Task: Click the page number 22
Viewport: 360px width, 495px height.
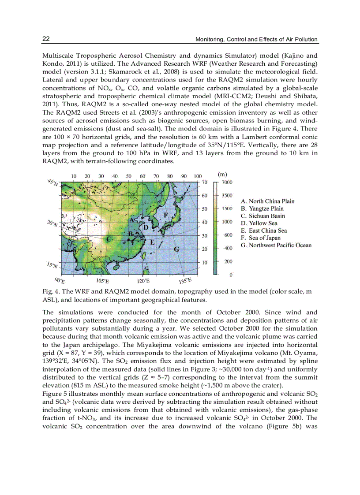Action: click(x=45, y=39)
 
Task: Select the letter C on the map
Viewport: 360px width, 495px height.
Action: click(x=109, y=238)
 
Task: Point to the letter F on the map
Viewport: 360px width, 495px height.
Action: click(x=166, y=215)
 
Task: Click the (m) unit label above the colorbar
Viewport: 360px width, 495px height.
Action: click(x=225, y=174)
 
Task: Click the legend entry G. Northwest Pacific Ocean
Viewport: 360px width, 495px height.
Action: click(x=276, y=246)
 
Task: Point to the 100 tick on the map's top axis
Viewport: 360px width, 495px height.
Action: click(x=198, y=176)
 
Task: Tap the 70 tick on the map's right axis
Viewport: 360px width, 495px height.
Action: click(x=205, y=182)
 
